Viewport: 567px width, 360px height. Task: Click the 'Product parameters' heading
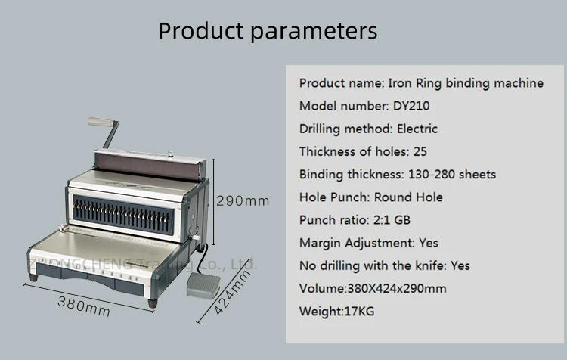coord(268,32)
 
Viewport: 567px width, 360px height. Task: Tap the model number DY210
coord(411,106)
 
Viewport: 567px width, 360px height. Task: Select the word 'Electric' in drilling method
coord(417,129)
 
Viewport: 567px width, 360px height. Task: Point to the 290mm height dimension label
coord(243,201)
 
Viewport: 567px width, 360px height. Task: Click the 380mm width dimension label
coord(84,306)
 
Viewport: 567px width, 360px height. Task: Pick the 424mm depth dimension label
coord(231,296)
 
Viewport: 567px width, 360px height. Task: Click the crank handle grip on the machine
coord(98,123)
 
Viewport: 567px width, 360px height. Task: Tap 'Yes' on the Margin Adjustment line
coord(428,243)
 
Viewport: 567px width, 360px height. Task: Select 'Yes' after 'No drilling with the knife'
coord(460,265)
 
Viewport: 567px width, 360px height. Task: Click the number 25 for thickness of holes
coord(420,151)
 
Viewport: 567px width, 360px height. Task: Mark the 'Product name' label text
coord(341,83)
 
